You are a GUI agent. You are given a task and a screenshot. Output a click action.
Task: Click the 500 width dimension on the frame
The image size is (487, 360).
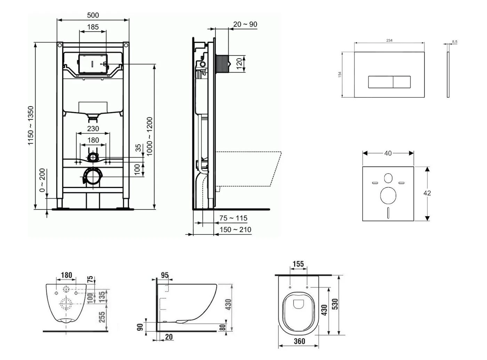(93, 15)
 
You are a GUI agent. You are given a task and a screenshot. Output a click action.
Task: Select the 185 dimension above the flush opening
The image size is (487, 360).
(93, 26)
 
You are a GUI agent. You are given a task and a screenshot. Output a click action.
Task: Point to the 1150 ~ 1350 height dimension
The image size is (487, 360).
(31, 126)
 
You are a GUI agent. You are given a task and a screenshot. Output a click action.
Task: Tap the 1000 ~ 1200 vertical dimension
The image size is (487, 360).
(150, 136)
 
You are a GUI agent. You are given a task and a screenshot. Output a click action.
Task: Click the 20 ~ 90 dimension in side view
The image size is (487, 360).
(245, 24)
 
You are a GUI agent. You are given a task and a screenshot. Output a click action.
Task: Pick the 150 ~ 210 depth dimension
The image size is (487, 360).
(235, 230)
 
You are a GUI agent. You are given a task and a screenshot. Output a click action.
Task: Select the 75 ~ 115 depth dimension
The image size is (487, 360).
(233, 218)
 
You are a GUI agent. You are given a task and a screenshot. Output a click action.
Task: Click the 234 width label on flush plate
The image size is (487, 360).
(389, 40)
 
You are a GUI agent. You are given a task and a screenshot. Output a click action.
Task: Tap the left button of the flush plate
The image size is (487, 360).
(381, 82)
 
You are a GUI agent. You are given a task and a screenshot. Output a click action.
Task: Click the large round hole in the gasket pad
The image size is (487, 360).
(388, 195)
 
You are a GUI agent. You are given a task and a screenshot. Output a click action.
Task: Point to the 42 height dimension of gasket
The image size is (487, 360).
(427, 193)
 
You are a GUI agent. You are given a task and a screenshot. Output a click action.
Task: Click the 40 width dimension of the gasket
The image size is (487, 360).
(388, 153)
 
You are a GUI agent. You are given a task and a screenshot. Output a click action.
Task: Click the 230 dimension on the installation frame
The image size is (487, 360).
(93, 128)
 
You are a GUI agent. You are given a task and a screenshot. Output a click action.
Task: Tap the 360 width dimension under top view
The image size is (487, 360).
(299, 341)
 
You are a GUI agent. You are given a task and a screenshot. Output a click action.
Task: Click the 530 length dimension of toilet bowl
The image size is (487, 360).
(335, 304)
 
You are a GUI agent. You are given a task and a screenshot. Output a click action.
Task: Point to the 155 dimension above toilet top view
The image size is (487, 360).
(298, 264)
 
